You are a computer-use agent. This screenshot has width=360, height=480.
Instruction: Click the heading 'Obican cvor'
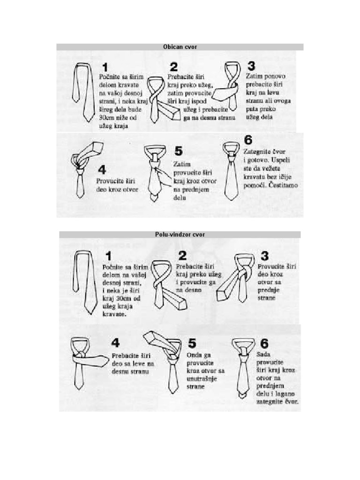point(180,47)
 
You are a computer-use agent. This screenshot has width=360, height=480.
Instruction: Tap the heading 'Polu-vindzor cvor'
point(180,234)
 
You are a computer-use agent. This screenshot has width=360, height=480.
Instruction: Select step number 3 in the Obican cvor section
point(251,66)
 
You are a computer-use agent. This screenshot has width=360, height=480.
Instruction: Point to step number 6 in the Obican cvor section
point(248,140)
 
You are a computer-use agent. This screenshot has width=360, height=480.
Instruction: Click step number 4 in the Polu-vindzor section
point(116,343)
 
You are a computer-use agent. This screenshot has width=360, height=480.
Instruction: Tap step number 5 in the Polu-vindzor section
point(192,343)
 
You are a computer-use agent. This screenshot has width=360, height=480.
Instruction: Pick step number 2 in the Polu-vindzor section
point(182,255)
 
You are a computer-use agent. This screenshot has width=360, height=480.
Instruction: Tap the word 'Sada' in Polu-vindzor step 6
point(263,354)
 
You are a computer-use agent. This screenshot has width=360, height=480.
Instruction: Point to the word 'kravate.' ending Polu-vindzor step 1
point(114,314)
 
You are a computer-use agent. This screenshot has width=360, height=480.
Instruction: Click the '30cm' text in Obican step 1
point(105,118)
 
